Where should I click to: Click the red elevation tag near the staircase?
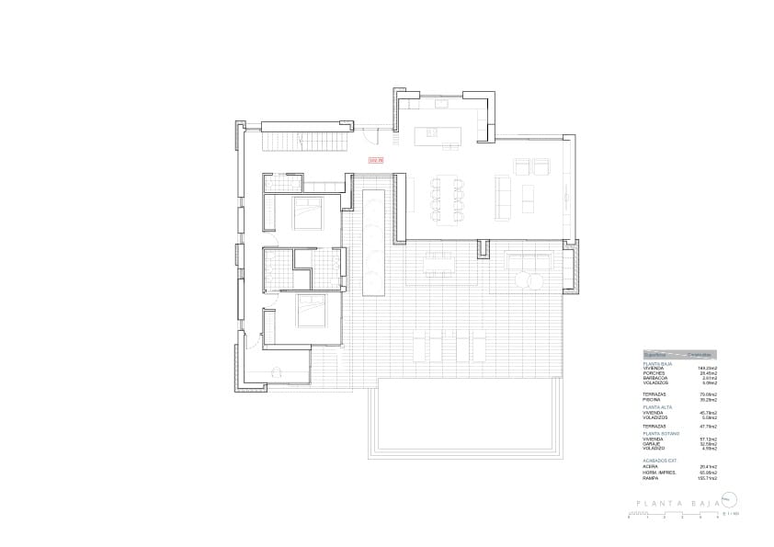coord(374,160)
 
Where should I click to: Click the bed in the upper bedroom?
coord(306,212)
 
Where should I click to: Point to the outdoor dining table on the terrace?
coord(439,265)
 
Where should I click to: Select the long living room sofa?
coord(503,197)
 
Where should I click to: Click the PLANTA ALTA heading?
coord(657,405)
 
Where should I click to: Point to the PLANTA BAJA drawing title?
coord(676,503)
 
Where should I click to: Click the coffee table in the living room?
coord(528,197)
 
